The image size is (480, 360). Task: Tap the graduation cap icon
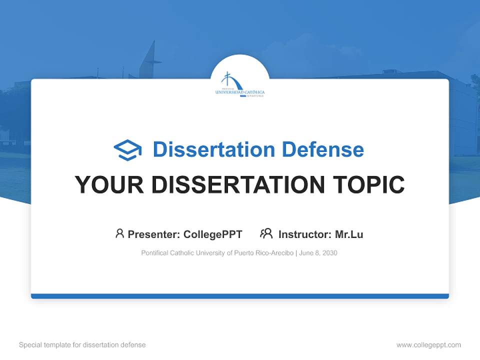tap(127, 149)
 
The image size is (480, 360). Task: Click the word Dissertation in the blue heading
tap(213, 149)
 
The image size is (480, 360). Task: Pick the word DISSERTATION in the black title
tap(237, 184)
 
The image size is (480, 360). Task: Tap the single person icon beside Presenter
tap(119, 233)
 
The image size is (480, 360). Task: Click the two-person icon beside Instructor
tap(266, 233)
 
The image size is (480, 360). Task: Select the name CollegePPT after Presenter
tap(213, 234)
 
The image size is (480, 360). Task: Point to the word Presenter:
tap(154, 234)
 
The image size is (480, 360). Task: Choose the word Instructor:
tap(304, 234)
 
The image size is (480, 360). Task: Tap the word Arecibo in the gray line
tap(282, 253)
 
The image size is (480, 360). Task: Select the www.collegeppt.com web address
tap(428, 345)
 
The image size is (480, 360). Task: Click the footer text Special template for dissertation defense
tap(82, 345)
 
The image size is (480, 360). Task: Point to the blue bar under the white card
tap(240, 296)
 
